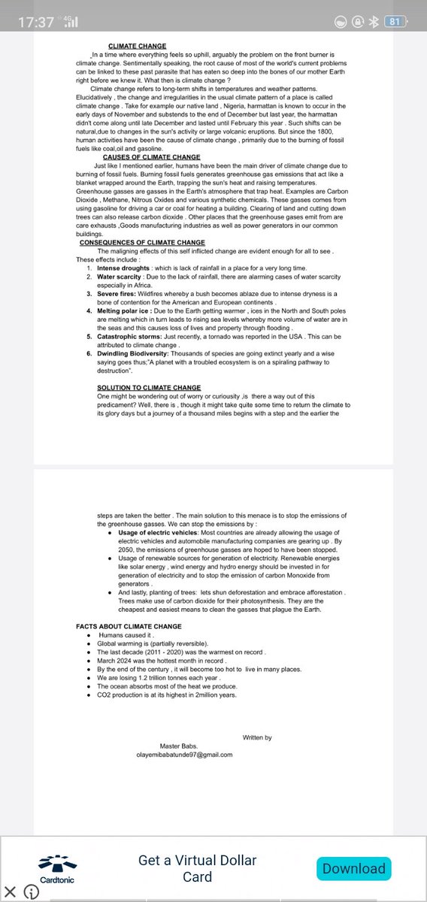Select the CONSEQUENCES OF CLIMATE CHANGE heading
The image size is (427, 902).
142,243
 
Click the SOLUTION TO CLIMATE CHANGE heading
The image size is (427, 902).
138,388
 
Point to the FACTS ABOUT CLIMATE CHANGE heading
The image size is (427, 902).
129,626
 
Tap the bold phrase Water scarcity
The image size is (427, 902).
120,277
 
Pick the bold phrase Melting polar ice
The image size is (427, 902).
124,309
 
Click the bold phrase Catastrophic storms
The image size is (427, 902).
129,337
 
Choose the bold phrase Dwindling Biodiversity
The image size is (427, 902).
134,353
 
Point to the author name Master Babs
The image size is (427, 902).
178,746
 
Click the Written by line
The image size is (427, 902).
257,737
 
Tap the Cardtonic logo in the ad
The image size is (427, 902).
57,868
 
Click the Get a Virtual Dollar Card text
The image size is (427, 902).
197,868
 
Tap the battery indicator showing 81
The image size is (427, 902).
393,22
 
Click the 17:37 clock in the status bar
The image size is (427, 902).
36,22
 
